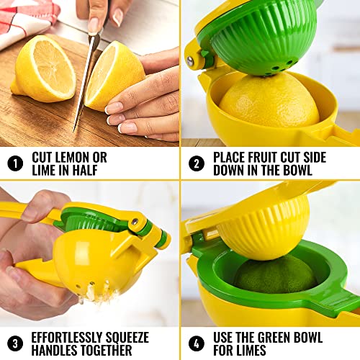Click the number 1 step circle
tap(15, 163)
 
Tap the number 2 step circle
tap(197, 163)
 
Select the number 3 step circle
tap(15, 343)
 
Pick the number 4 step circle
tap(197, 343)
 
